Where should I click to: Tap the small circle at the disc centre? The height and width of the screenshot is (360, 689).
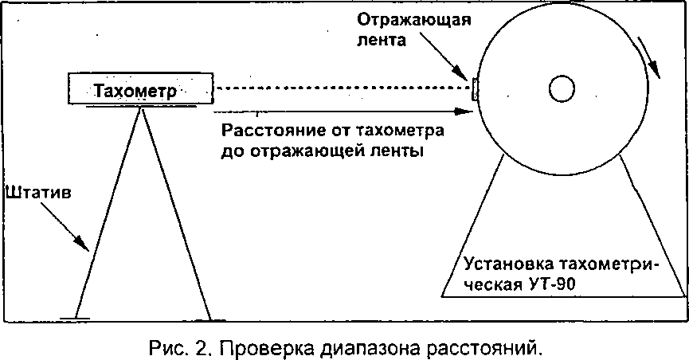pyautogui.click(x=562, y=88)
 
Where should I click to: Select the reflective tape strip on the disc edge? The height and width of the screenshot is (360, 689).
pyautogui.click(x=475, y=89)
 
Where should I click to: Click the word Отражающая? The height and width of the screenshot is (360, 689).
pyautogui.click(x=414, y=21)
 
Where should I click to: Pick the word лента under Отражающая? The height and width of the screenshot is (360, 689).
pyautogui.click(x=381, y=41)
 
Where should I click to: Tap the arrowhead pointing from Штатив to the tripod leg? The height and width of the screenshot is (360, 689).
pyautogui.click(x=82, y=243)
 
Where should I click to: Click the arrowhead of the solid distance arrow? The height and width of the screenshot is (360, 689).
pyautogui.click(x=464, y=112)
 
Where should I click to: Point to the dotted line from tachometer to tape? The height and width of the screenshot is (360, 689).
pyautogui.click(x=342, y=88)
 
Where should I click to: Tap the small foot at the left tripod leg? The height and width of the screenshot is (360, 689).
pyautogui.click(x=75, y=319)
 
